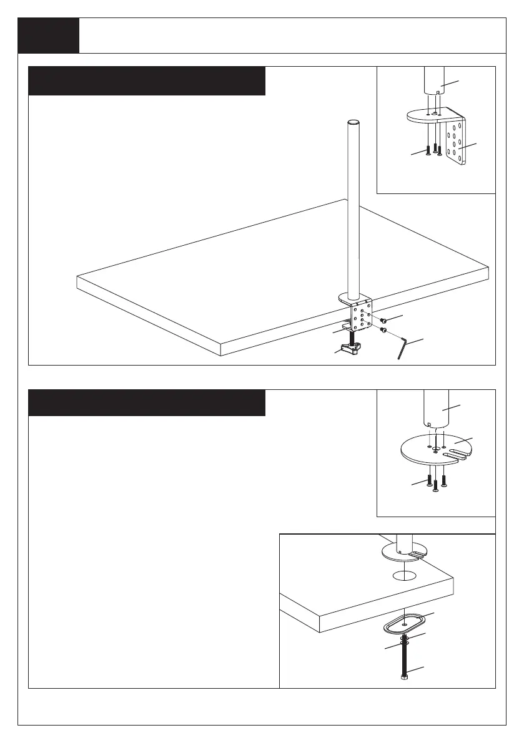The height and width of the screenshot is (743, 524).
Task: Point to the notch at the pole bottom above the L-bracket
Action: [440, 93]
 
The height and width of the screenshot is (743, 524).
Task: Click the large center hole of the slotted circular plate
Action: [436, 448]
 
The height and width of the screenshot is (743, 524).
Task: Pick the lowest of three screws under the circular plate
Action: [436, 487]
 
